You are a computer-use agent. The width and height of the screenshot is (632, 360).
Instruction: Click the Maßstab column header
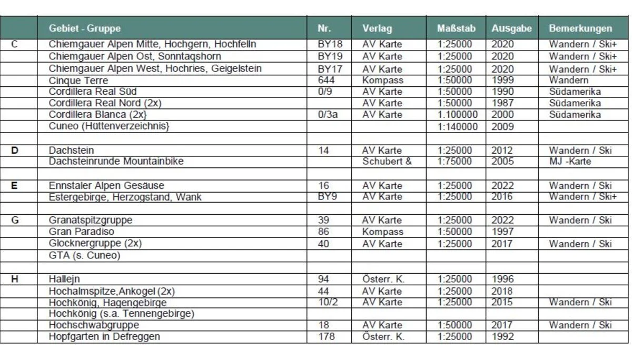[455, 28]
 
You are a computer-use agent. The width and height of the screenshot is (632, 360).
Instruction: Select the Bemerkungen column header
[580, 28]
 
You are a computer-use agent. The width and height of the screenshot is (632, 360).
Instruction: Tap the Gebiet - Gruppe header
[84, 28]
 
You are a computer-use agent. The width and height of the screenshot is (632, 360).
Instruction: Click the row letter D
[15, 151]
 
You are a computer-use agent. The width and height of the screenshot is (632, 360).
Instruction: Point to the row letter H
[15, 279]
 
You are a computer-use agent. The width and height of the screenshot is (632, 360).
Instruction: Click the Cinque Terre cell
[78, 81]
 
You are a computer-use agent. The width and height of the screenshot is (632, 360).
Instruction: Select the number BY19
[330, 56]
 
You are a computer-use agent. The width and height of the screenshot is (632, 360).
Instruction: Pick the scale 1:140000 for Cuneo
[458, 126]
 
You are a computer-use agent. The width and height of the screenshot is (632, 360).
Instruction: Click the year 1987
[502, 103]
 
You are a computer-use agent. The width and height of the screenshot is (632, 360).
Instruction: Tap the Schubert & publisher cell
[387, 161]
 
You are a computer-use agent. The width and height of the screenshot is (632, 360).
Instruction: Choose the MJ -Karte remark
[570, 161]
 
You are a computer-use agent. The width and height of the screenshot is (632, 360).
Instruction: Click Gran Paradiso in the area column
[81, 232]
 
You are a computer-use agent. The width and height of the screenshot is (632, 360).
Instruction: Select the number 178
[327, 336]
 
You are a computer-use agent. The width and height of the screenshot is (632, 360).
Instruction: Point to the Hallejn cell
[64, 279]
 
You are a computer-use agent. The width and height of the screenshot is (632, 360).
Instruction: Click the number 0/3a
[328, 114]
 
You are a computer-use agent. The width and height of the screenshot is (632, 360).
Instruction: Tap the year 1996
[502, 279]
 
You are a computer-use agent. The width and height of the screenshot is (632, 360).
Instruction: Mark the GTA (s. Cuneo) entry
[84, 256]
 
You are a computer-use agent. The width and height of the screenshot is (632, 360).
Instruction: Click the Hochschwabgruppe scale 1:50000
[455, 325]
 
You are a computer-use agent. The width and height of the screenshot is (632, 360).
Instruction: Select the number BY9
[328, 197]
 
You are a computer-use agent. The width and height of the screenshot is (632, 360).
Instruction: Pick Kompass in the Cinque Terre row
[383, 81]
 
